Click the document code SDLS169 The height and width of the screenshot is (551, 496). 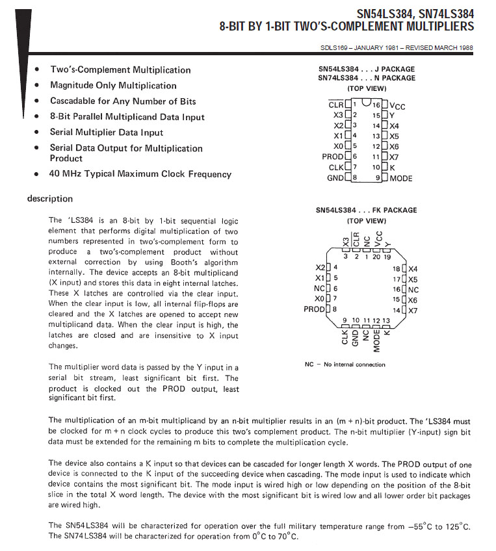pos(334,47)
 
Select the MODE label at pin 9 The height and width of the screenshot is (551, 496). pos(401,178)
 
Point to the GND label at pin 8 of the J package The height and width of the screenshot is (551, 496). pos(335,178)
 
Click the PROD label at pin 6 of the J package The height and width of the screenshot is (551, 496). pos(333,157)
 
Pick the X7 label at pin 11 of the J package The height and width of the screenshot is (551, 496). pos(394,157)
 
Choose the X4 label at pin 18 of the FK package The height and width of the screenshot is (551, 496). pos(413,268)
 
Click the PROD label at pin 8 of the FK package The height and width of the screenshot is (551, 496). pos(314,309)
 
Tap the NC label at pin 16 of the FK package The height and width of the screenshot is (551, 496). pos(414,289)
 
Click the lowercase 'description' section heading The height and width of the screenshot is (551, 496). pos(50,199)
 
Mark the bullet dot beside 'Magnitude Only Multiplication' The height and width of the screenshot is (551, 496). pos(37,86)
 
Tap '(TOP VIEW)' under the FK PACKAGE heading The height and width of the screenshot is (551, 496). pos(367,221)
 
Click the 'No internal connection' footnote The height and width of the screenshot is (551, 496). pos(354,365)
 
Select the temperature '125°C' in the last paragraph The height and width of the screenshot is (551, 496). pos(456,526)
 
